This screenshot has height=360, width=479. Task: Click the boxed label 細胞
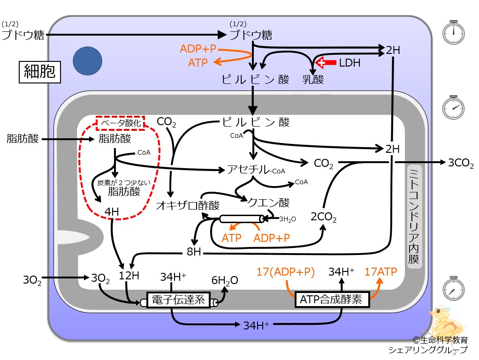[x=40, y=72]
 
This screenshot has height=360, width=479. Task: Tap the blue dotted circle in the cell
[x=87, y=61]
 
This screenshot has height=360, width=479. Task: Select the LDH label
[x=350, y=63]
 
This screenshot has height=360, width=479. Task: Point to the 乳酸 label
[x=313, y=79]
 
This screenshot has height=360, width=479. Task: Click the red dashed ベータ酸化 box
[x=120, y=123]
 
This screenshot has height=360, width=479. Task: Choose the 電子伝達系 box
[x=178, y=300]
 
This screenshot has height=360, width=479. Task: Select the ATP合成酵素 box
[x=332, y=299]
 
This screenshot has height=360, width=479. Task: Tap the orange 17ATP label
[x=380, y=271]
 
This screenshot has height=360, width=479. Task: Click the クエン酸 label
[x=268, y=202]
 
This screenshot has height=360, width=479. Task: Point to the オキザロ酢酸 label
[x=188, y=205]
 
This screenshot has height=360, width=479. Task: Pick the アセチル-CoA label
[x=256, y=170]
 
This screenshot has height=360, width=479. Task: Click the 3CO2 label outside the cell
[x=461, y=163]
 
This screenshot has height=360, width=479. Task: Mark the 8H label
[x=194, y=252]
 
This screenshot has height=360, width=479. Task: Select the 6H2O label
[x=225, y=280]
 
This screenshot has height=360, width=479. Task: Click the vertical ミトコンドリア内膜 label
[x=414, y=217]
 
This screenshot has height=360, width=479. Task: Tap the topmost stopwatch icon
[x=453, y=32]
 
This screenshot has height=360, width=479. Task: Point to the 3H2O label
[x=288, y=219]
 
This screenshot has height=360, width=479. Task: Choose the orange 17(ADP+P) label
[x=285, y=272]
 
